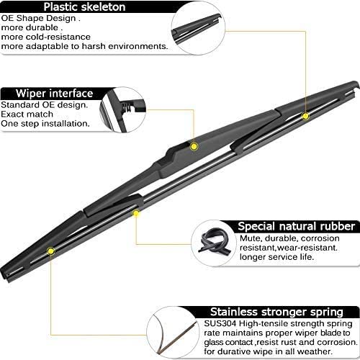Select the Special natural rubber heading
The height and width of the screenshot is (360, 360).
point(297,226)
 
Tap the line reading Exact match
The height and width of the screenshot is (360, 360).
point(28,114)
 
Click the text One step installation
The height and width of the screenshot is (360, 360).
point(45,123)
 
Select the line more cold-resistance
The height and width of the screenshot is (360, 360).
point(50,36)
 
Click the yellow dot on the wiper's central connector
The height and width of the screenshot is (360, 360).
point(194,147)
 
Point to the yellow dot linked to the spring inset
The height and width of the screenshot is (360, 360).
point(50,251)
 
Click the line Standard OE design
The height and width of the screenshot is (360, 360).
point(43,104)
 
